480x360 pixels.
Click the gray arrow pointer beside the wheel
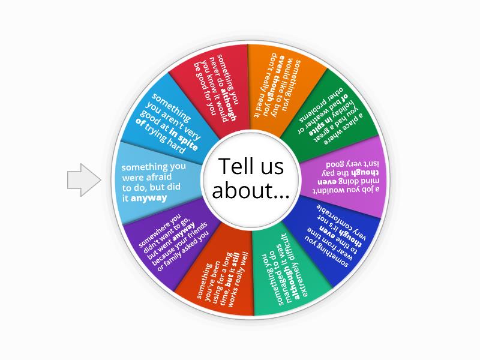(84, 179)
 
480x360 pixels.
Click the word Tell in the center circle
(235, 166)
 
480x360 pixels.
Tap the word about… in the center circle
(251, 191)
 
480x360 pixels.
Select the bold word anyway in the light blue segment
(149, 198)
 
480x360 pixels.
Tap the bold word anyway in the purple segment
(184, 232)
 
